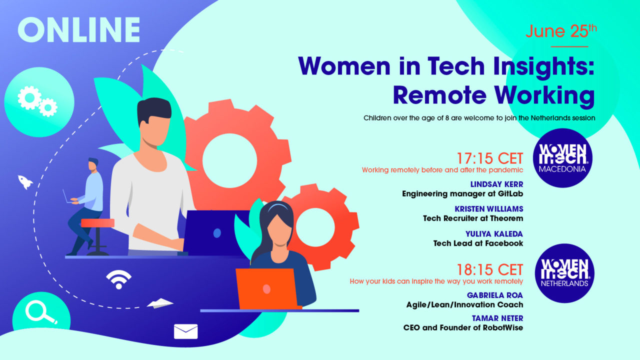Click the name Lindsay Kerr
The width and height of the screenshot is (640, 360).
[x=496, y=184]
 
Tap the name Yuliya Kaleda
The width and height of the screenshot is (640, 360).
[x=494, y=233]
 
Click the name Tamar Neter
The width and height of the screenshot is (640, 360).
[x=497, y=318]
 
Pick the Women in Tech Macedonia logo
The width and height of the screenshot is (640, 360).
[x=563, y=157]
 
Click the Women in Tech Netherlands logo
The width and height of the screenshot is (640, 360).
[x=564, y=273]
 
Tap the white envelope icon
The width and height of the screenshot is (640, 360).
[x=186, y=331]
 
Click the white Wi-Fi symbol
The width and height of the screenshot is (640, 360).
[x=118, y=279]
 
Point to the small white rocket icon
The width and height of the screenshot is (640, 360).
[x=25, y=181]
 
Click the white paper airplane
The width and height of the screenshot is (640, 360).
[x=160, y=303]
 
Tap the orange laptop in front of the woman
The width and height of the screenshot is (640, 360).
[x=266, y=288]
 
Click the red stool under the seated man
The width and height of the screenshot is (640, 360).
[x=97, y=223]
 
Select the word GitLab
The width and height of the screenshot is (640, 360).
[x=506, y=193]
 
